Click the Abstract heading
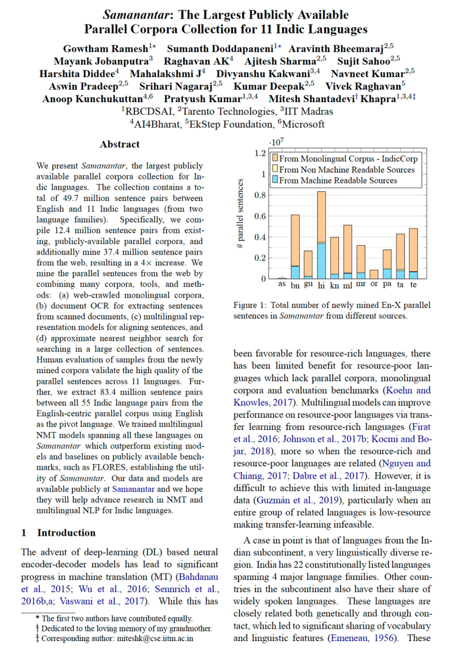click(x=119, y=144)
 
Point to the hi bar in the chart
click(x=321, y=238)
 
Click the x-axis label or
click(x=374, y=284)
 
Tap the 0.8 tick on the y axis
click(x=260, y=195)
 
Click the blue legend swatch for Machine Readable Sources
click(x=275, y=181)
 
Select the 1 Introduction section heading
click(x=59, y=533)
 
